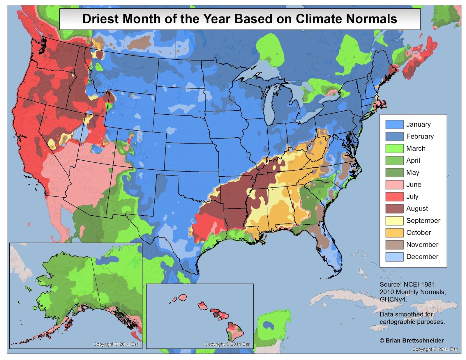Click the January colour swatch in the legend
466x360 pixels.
pyautogui.click(x=394, y=125)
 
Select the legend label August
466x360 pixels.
pyautogui.click(x=417, y=209)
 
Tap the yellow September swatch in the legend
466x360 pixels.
pyautogui.click(x=394, y=221)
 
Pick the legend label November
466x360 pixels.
pyautogui.click(x=422, y=245)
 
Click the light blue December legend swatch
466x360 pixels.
pyautogui.click(x=394, y=257)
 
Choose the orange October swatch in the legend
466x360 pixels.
pyautogui.click(x=394, y=233)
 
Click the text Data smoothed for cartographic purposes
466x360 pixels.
pyautogui.click(x=412, y=318)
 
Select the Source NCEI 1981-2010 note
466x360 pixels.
pyautogui.click(x=412, y=292)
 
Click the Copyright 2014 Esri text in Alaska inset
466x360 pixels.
pyautogui.click(x=116, y=344)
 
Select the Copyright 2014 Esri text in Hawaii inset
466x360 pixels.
pyautogui.click(x=227, y=344)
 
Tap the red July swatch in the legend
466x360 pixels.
pyautogui.click(x=394, y=197)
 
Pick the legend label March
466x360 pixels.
pyautogui.click(x=416, y=148)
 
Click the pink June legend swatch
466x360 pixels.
pyautogui.click(x=394, y=185)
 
